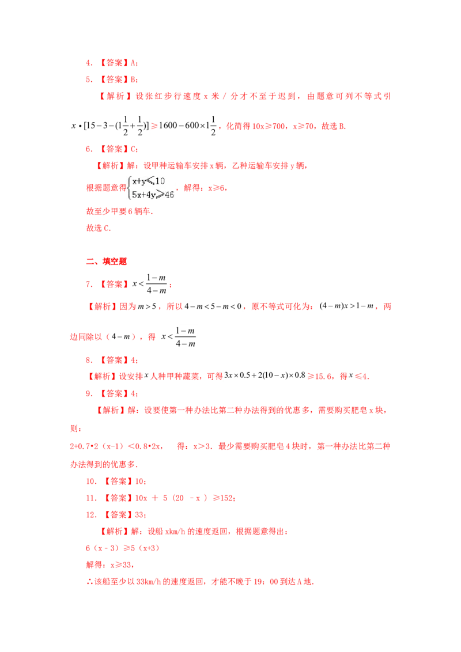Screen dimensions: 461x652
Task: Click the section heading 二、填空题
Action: coord(106,261)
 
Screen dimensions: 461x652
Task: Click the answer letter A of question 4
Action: coord(133,63)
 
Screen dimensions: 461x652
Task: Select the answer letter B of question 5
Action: coord(133,79)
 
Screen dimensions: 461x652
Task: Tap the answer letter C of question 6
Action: coord(133,149)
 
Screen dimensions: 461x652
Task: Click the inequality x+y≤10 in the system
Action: coord(149,181)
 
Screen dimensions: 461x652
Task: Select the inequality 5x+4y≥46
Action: coord(153,194)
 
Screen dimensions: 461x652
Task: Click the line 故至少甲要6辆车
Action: coord(119,211)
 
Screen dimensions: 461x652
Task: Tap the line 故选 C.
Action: coord(99,228)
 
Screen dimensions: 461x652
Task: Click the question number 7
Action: coord(89,285)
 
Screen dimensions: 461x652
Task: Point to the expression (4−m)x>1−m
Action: coord(346,306)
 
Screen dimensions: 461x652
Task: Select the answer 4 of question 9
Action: coord(133,393)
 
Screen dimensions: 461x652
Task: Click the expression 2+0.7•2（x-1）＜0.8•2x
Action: coord(116,446)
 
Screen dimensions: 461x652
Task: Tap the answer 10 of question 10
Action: coord(139,481)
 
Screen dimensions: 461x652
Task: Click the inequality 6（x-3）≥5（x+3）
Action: coord(123,548)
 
